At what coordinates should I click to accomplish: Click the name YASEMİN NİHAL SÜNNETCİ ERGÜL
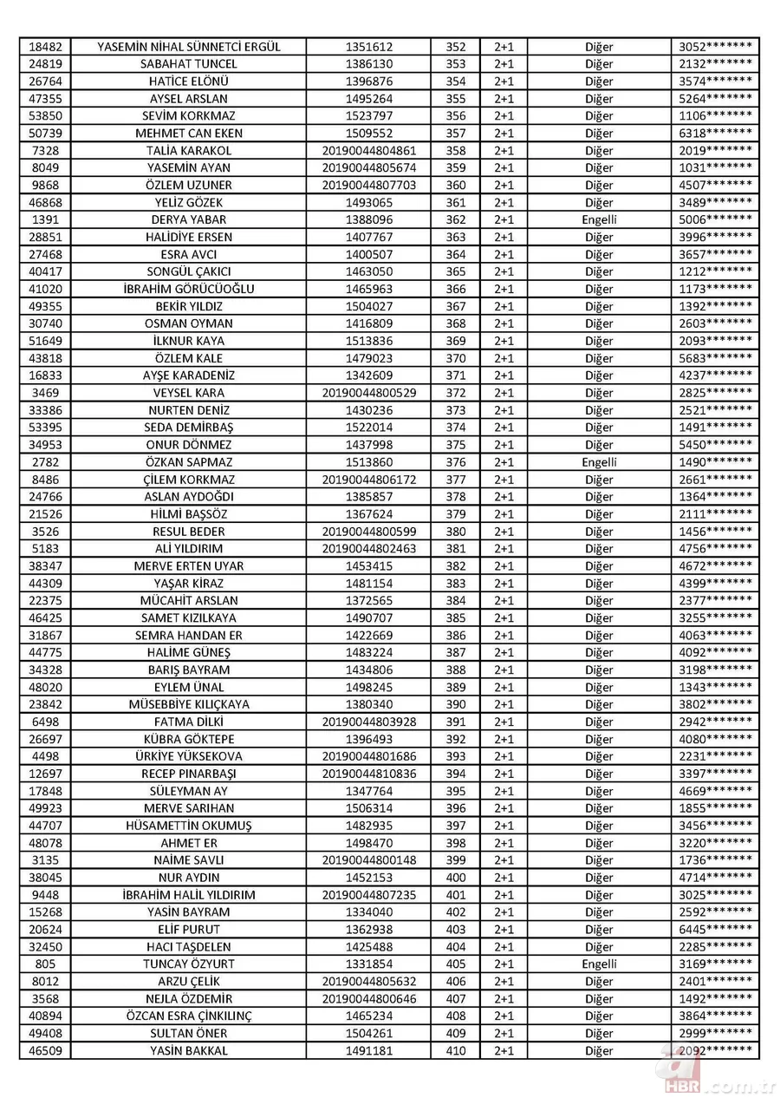188,47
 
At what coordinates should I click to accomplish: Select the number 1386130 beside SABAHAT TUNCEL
368,64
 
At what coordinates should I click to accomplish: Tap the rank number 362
455,219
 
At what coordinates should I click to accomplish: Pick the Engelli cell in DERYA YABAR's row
599,219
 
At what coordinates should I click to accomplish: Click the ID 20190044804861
368,151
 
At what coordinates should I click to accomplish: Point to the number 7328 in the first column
44,151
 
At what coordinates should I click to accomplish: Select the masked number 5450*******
715,445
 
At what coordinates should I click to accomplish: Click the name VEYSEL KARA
188,393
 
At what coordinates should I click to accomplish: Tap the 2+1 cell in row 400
504,878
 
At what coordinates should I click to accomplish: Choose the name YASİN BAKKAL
188,1050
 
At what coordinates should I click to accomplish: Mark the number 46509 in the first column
44,1050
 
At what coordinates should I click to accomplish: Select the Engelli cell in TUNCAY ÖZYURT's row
599,964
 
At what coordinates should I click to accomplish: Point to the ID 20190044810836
368,774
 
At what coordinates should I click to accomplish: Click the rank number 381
455,549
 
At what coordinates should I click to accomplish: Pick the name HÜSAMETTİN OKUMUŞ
188,826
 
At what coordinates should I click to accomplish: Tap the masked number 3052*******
715,47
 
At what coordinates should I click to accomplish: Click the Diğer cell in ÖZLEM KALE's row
599,358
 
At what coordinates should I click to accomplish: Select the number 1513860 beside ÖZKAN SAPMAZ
368,462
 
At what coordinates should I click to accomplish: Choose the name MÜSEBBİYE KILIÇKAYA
188,704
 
